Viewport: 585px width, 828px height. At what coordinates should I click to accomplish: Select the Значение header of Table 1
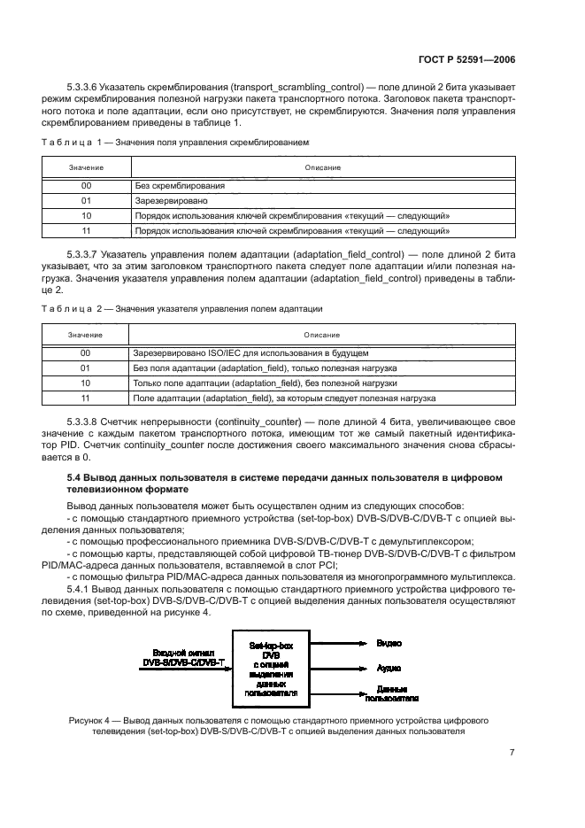(86, 167)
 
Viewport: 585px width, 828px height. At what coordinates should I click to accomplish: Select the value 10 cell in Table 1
(86, 215)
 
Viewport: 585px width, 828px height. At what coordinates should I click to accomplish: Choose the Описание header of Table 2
(322, 335)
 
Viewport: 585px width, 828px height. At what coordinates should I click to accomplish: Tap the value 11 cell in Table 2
(86, 398)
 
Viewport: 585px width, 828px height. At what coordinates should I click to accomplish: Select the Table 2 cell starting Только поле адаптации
(266, 383)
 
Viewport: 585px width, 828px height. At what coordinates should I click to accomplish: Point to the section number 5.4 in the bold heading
(75, 477)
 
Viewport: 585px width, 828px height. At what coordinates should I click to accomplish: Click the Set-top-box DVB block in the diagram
(277, 667)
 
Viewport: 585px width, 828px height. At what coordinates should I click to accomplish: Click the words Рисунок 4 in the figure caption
(91, 721)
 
